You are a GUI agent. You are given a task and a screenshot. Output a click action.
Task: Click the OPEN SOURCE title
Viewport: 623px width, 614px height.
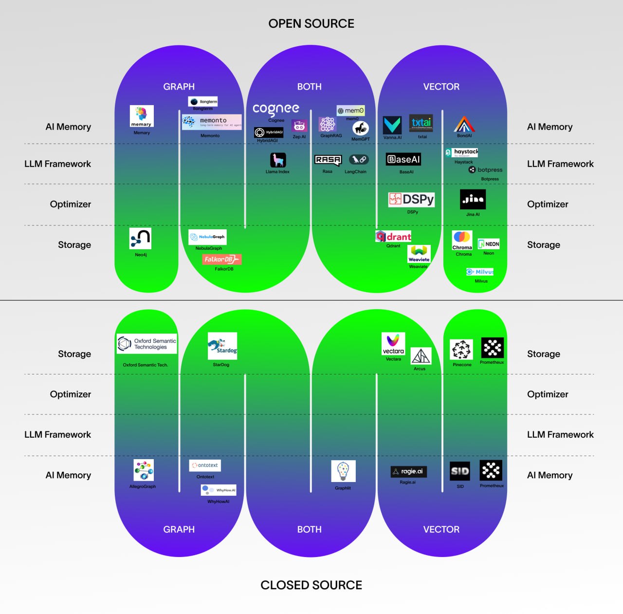pos(311,23)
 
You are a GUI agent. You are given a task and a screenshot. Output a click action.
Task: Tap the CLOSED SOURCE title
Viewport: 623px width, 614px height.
pos(311,585)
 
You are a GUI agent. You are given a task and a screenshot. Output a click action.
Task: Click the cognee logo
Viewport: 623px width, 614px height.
pos(275,109)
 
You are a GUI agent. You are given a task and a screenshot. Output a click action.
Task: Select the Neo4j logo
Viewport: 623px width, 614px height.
pos(140,239)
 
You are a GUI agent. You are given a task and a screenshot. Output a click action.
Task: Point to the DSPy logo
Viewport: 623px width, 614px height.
pos(411,199)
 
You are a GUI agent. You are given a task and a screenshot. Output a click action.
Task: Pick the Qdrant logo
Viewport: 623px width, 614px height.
pos(393,237)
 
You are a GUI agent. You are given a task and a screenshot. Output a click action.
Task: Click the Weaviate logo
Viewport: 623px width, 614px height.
pos(419,254)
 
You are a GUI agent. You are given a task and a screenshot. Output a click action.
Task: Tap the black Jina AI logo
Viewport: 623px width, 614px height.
pos(473,199)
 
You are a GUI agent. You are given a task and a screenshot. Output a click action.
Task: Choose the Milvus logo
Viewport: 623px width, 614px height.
pos(480,272)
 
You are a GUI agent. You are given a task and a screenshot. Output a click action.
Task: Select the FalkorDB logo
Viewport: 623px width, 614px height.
pos(221,260)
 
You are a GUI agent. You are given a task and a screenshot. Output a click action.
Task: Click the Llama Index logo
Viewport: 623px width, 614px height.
pos(278,160)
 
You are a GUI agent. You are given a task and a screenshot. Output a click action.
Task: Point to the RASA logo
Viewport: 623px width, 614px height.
pos(328,160)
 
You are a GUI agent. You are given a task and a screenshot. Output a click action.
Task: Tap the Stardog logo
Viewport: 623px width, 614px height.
pos(222,346)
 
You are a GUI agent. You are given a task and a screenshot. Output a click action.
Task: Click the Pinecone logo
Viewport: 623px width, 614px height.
pos(461,349)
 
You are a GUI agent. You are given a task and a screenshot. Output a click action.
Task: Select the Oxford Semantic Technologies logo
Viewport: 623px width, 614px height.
pos(147,344)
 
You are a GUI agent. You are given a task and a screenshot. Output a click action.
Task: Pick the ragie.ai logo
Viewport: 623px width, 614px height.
pos(408,471)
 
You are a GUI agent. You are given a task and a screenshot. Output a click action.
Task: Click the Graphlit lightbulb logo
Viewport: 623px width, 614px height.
pos(343,471)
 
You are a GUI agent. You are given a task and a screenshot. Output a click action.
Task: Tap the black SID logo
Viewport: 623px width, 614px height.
pos(460,471)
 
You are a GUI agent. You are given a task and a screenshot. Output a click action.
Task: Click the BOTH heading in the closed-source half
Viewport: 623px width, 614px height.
pos(309,529)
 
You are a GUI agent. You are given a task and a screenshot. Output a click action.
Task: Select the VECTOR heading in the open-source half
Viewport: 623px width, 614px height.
pos(441,87)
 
